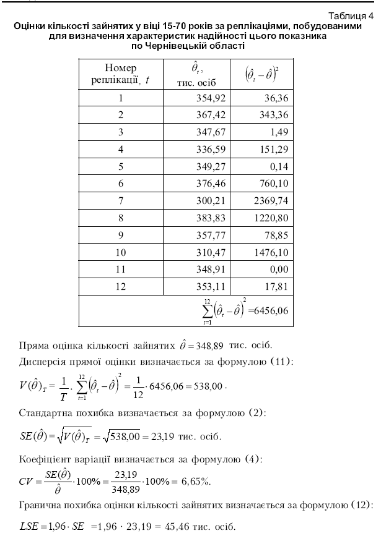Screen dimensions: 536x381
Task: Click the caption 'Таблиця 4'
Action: coord(345,17)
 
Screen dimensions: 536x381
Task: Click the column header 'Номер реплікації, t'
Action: coord(121,74)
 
